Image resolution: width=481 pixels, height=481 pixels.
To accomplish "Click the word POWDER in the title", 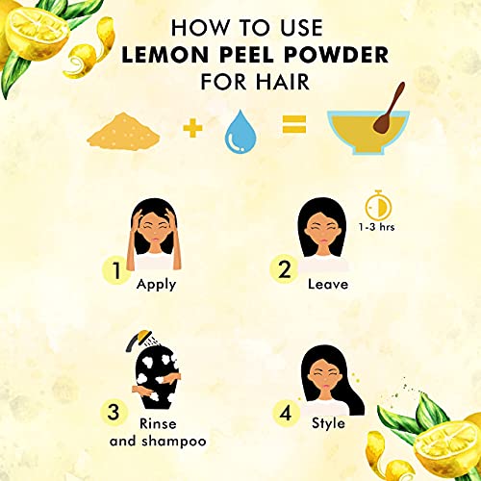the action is click(336, 55).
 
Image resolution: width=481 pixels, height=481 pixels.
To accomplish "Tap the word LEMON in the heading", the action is click(165, 55).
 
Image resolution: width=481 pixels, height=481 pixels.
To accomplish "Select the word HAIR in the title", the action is click(283, 82).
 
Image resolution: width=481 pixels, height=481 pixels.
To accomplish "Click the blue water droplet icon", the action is click(240, 132).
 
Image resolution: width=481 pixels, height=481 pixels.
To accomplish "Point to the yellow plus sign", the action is click(192, 128).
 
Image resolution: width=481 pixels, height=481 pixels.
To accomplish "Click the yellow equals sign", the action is click(294, 124).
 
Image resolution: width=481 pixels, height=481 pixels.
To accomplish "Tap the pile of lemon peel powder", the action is click(123, 131).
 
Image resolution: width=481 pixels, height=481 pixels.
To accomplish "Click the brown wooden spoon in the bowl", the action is click(389, 109).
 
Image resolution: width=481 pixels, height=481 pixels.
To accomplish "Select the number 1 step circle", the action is click(116, 271).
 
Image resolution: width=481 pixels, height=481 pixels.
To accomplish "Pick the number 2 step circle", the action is click(284, 269).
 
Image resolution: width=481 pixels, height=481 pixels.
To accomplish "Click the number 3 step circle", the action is click(114, 412).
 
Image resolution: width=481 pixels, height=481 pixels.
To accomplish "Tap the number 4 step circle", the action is click(286, 414).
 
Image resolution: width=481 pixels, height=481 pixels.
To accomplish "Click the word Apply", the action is click(157, 285).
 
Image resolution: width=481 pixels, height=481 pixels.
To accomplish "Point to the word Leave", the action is click(328, 285).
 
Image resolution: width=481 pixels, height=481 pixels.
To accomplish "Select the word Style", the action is click(328, 424).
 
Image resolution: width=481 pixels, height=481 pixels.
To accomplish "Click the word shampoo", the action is click(174, 442).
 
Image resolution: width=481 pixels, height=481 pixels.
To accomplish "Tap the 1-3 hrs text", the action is click(376, 227).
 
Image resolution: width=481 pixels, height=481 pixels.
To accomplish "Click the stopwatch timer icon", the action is click(379, 205).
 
